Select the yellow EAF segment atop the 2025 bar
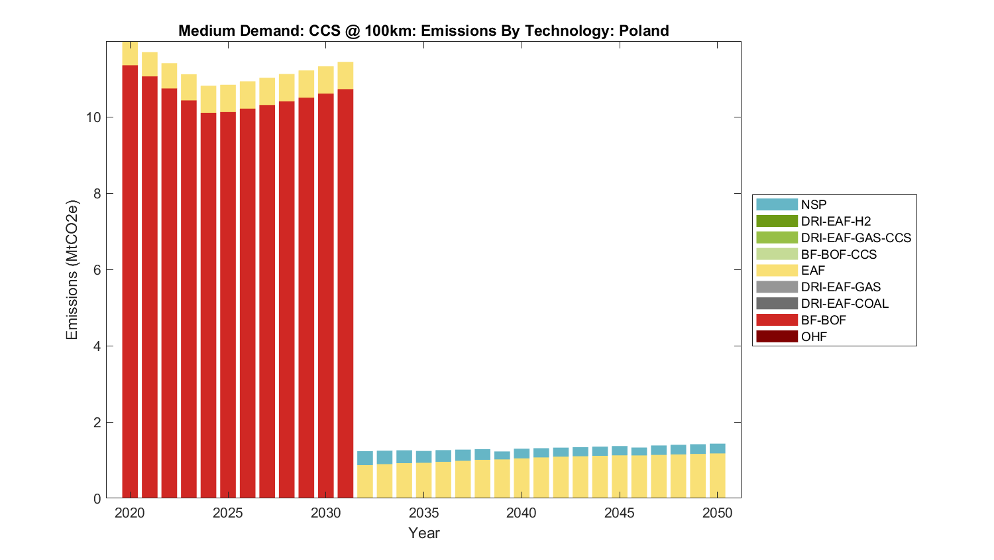228,98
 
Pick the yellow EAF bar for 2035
424,480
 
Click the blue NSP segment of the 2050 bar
718,449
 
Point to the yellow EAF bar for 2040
522,478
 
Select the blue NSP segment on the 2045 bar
620,451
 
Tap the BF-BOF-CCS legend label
838,254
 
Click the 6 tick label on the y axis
97,270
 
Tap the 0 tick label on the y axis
97,498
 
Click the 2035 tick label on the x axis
424,513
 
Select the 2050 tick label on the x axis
718,513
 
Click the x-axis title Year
424,533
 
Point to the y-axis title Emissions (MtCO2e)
72,269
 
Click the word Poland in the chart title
643,31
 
